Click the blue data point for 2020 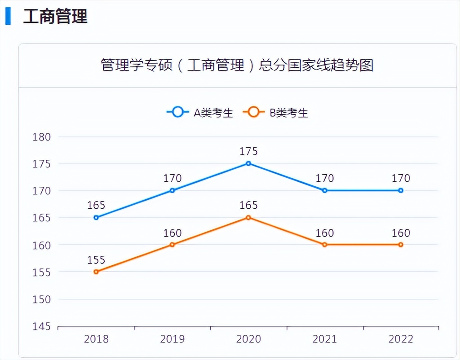[x=248, y=163]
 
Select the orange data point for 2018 [x=96, y=272]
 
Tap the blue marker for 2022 [x=401, y=190]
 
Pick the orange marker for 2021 [x=324, y=245]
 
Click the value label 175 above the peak [x=248, y=151]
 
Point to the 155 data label [x=96, y=260]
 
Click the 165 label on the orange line [x=248, y=206]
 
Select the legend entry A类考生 [x=200, y=113]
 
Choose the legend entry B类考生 [x=276, y=113]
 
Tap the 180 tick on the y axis [x=42, y=137]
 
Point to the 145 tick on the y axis [x=42, y=326]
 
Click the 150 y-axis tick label [x=42, y=299]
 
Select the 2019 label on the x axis [x=172, y=339]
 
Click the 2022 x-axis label [x=401, y=339]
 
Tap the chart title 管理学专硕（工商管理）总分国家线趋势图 [x=237, y=66]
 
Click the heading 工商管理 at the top [x=55, y=17]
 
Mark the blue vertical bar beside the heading [x=8, y=16]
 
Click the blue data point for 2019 [x=172, y=190]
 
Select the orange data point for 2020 [x=248, y=218]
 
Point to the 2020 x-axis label [x=248, y=339]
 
